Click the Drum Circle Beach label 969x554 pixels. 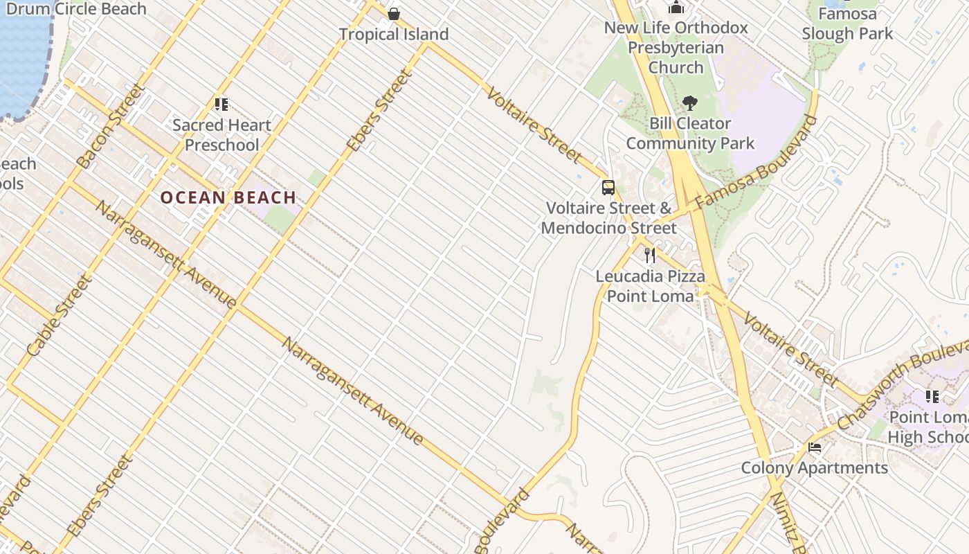coord(76,9)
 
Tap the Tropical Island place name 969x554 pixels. coord(394,34)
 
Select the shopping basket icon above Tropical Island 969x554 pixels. coord(394,14)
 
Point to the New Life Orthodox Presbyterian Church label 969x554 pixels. coord(676,48)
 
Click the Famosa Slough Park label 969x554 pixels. coord(847,24)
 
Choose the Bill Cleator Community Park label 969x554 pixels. coord(690,134)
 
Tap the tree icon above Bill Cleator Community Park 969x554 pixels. coord(689,104)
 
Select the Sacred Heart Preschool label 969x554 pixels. coord(221,135)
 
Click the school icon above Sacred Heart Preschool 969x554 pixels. coord(221,105)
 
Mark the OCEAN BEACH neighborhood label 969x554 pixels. coord(228,198)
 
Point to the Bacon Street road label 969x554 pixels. coord(111,126)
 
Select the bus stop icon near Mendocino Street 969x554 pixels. coord(608,188)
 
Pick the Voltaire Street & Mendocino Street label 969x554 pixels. coord(609,218)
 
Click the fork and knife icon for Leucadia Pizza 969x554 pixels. coord(650,256)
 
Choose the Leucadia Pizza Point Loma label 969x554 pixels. coord(651,286)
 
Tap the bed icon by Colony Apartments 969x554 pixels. coord(815,447)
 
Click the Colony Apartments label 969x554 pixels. coord(815,468)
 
